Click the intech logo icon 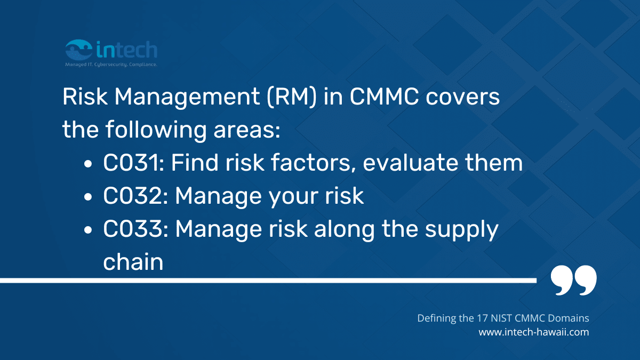pyautogui.click(x=79, y=50)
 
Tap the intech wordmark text pyautogui.click(x=127, y=50)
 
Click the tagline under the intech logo pyautogui.click(x=110, y=64)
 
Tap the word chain pyautogui.click(x=133, y=262)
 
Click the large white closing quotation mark pyautogui.click(x=573, y=280)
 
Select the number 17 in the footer pyautogui.click(x=482, y=318)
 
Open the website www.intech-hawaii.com pyautogui.click(x=533, y=332)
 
